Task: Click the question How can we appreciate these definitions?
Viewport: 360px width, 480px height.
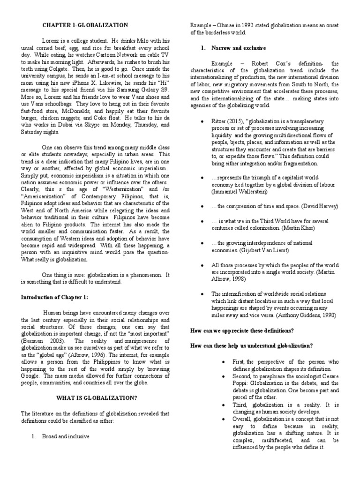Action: (242, 330)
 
